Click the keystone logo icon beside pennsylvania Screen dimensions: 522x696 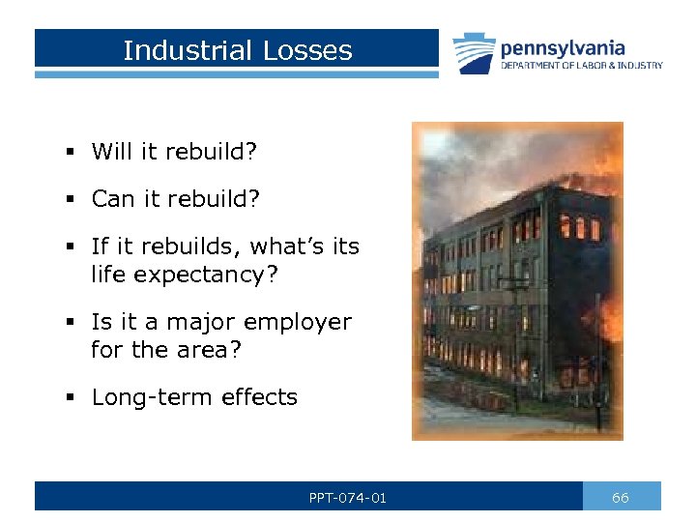pyautogui.click(x=475, y=53)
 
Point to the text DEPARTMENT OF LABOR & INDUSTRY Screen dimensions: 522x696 pyautogui.click(x=581, y=66)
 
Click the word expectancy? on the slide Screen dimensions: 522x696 pyautogui.click(x=206, y=275)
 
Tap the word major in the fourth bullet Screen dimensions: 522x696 pyautogui.click(x=189, y=322)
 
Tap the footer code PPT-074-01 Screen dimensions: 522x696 pyautogui.click(x=348, y=498)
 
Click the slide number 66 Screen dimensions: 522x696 pyautogui.click(x=621, y=498)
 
